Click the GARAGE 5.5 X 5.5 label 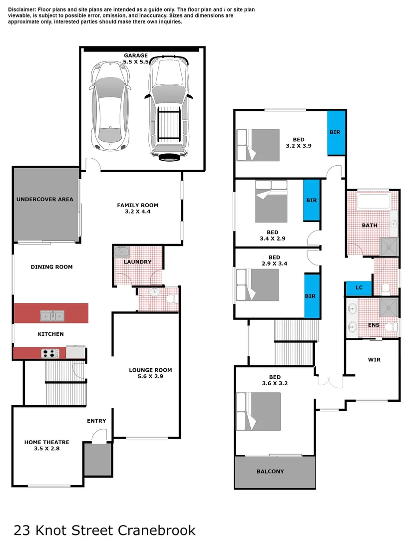point(136,59)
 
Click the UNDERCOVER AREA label point(45,199)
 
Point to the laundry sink point(122,251)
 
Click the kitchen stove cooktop point(50,353)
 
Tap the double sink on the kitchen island point(52,315)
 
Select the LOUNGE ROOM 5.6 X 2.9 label point(150,373)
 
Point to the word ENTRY point(96,421)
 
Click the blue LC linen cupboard point(359,288)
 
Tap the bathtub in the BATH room point(373,202)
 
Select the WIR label point(374,359)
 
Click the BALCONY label point(270,471)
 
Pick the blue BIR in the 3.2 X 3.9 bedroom point(336,132)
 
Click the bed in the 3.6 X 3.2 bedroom point(259,411)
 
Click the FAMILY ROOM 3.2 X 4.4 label point(137,208)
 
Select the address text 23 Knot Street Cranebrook point(105,529)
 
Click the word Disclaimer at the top point(22,9)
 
